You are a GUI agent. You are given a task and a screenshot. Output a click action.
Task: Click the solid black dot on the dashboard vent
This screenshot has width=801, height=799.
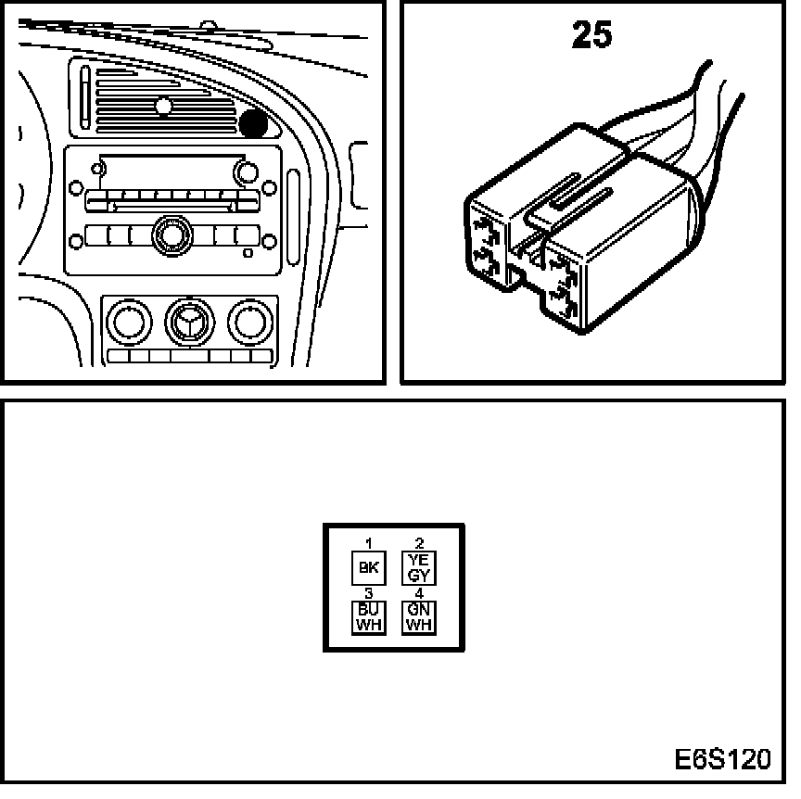[x=254, y=123]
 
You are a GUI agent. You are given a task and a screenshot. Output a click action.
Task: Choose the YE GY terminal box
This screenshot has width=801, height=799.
[x=419, y=567]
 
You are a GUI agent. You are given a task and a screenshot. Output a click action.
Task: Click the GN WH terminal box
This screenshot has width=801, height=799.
[x=419, y=617]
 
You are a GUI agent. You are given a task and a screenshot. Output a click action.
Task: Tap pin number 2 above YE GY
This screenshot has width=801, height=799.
[x=419, y=543]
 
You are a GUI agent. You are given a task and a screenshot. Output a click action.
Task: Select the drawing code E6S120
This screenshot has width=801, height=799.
[x=723, y=760]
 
